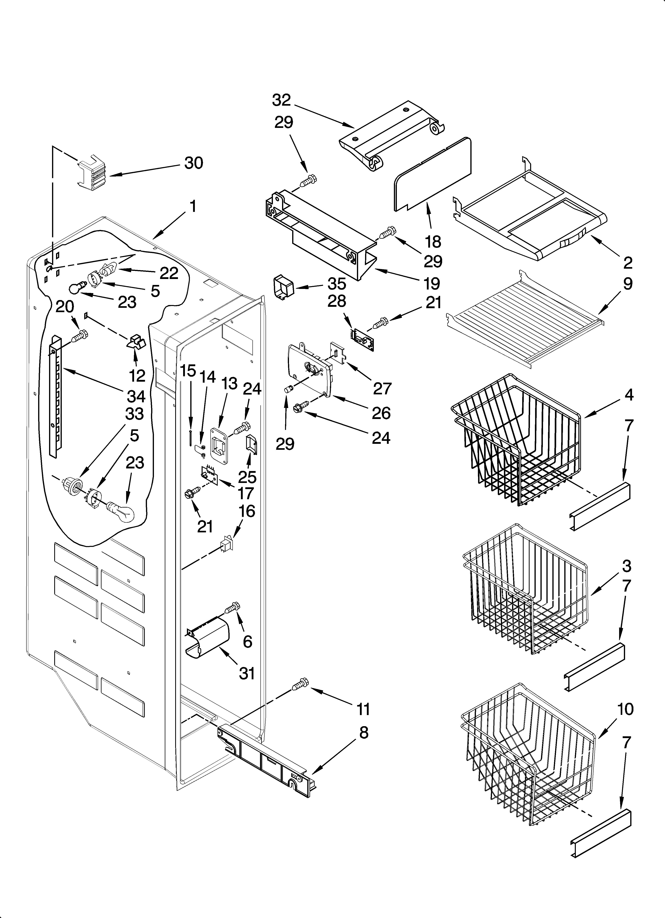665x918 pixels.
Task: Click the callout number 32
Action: (281, 100)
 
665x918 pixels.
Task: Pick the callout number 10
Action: (626, 709)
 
